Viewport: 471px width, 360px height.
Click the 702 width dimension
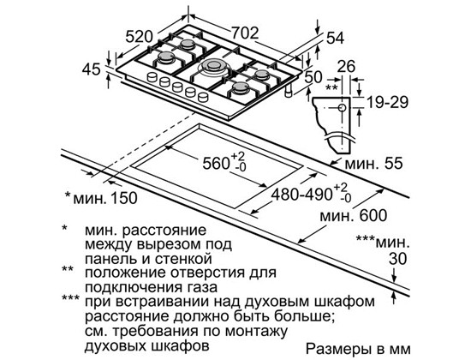[245, 33]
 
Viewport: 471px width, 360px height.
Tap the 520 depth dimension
[139, 37]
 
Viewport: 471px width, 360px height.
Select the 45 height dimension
[92, 69]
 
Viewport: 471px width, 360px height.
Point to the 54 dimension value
[336, 39]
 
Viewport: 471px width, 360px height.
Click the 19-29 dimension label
[388, 102]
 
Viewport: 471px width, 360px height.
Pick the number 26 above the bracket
[346, 67]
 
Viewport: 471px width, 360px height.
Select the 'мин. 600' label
[354, 216]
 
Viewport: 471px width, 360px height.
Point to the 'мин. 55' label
[373, 164]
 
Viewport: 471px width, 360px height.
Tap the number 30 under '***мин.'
[397, 259]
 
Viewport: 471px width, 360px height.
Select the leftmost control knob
[152, 77]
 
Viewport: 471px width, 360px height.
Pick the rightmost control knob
[203, 97]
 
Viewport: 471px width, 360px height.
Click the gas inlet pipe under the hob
[289, 91]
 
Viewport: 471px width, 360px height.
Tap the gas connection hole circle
[343, 108]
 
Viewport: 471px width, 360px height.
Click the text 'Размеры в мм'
[358, 349]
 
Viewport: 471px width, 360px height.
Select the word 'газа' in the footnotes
[200, 287]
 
